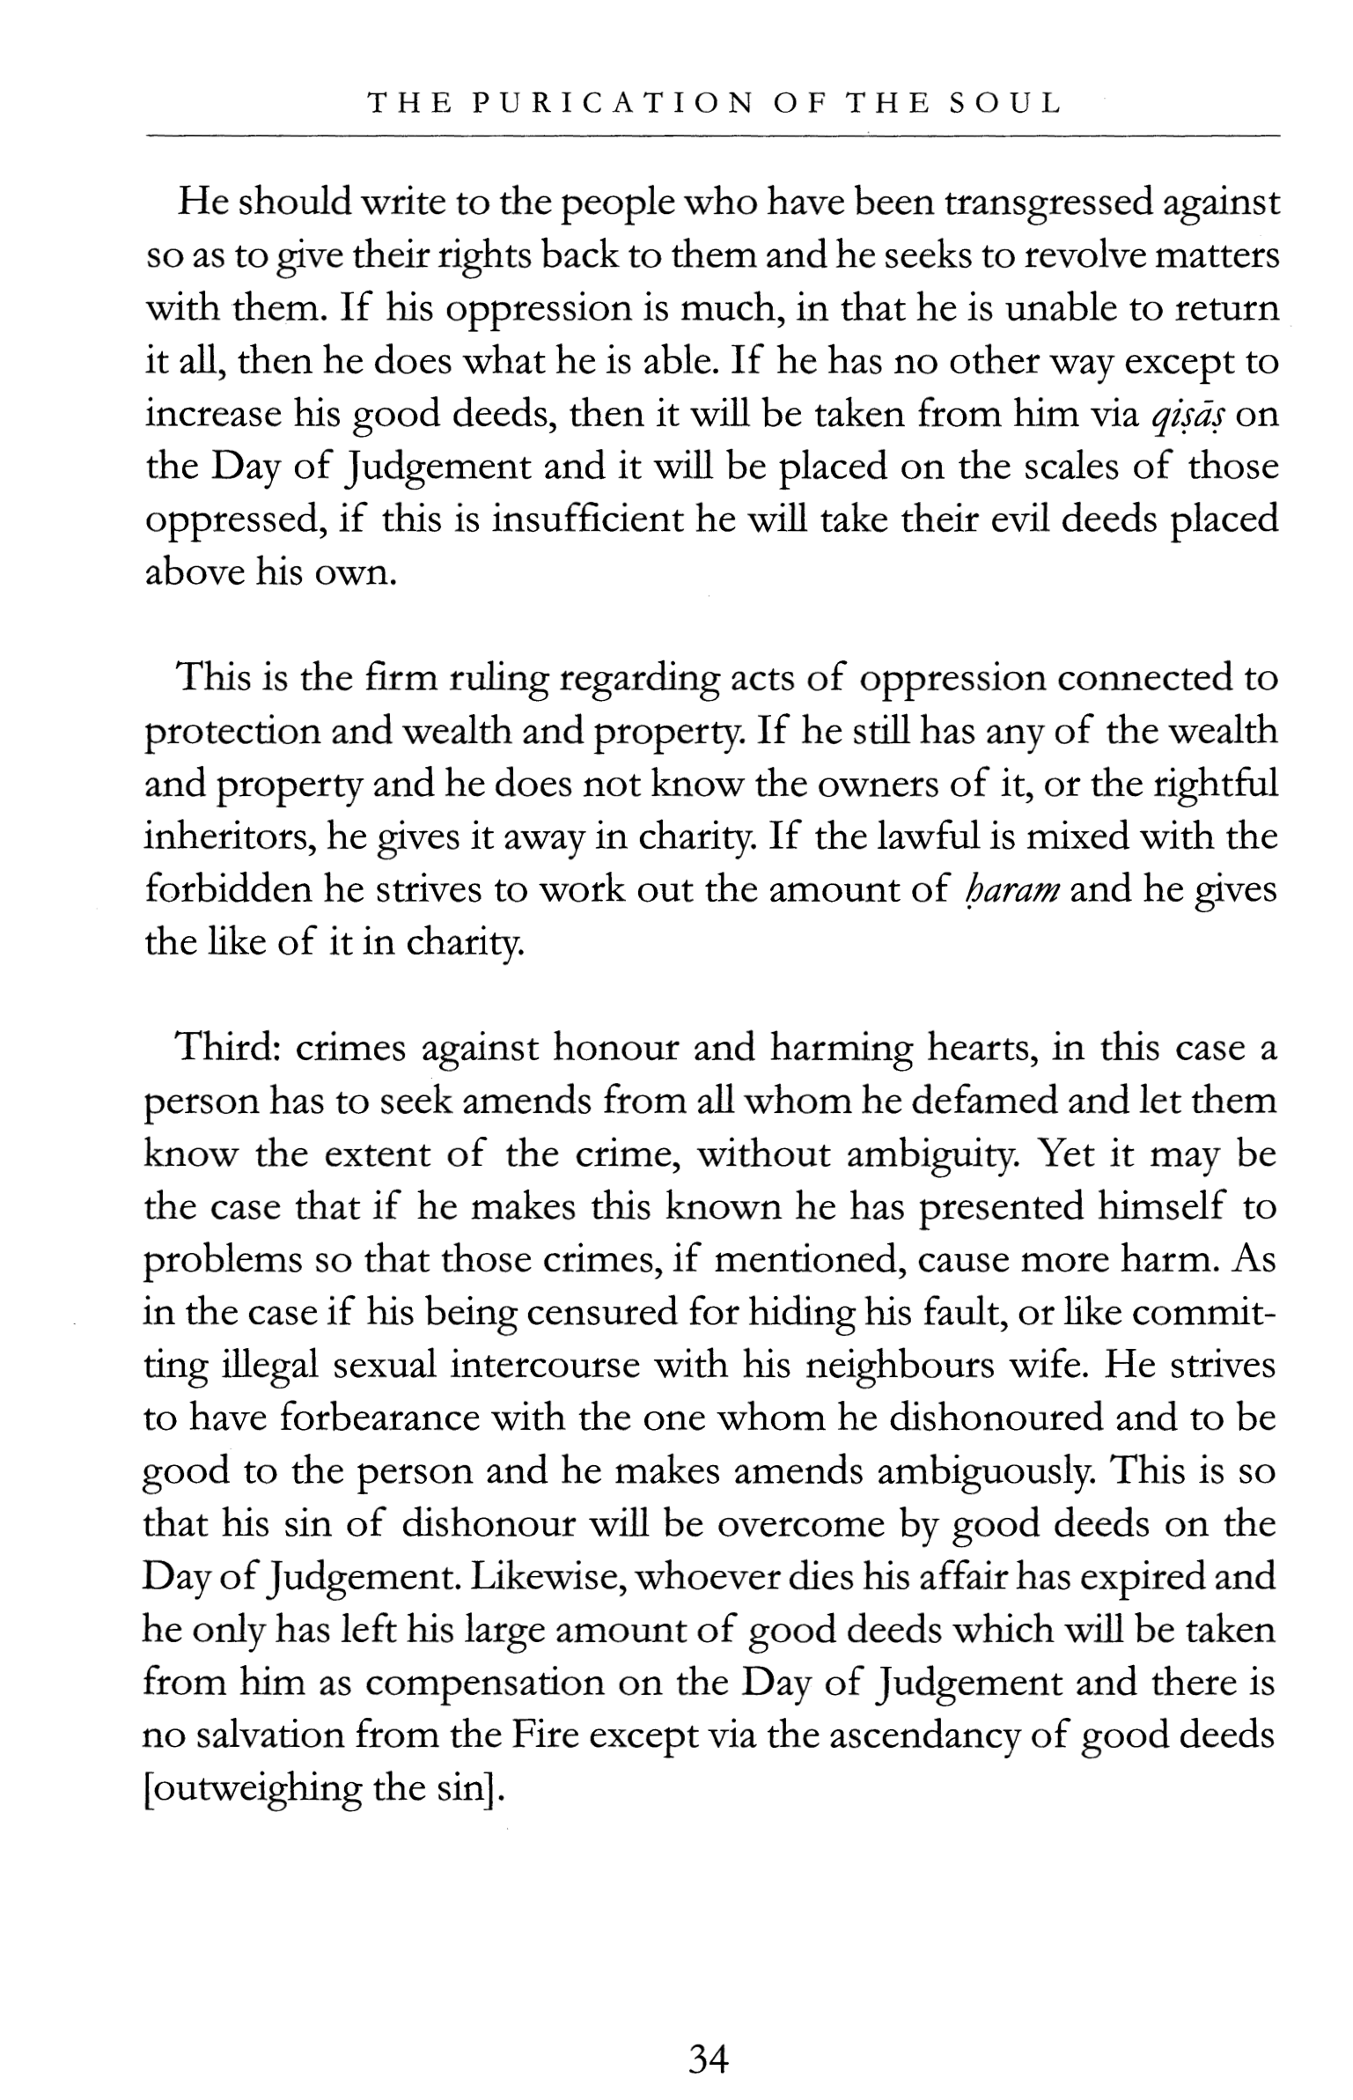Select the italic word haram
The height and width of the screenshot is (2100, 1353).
[x=1011, y=890]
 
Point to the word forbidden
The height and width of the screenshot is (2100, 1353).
[x=226, y=890]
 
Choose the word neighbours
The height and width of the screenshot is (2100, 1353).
[x=899, y=1366]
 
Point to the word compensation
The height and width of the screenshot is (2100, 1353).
[x=483, y=1683]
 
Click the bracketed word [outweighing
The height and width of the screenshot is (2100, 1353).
[x=253, y=1788]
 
